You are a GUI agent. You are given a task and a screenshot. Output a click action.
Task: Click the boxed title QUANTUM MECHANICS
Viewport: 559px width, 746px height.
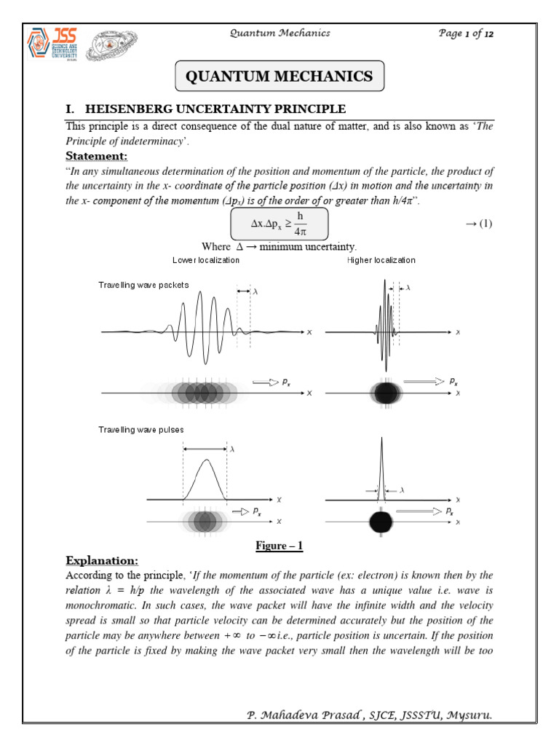coord(280,76)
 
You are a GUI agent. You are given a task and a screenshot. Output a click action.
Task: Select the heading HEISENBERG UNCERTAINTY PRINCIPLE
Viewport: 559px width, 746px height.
coord(215,109)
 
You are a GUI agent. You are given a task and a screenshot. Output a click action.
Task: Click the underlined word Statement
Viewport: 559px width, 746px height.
coord(97,157)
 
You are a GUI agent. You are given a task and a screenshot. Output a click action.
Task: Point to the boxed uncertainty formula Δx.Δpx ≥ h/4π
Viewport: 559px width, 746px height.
coord(280,224)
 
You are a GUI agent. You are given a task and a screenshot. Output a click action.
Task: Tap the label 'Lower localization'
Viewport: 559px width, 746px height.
coord(206,260)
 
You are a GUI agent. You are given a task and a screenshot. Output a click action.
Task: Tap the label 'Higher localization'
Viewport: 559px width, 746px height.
coord(381,260)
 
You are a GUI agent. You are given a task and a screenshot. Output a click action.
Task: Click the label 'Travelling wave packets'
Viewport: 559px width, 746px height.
coord(143,285)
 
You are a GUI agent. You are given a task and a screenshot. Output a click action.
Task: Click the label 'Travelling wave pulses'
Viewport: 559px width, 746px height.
coord(140,430)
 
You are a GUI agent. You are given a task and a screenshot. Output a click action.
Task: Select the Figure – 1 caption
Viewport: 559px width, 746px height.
coord(280,546)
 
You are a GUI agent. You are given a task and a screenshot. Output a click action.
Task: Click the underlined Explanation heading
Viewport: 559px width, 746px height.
coord(101,561)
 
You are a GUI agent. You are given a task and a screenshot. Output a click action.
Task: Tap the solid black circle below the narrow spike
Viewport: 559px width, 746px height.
coord(381,522)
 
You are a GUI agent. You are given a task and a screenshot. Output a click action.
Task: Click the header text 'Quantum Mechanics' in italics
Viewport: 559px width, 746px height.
coord(280,33)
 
